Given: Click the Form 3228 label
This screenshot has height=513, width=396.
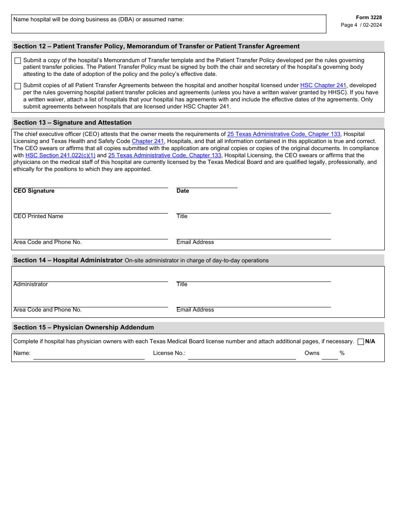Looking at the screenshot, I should click(368, 18).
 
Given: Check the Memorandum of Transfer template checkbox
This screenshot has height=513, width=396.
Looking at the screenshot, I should click(18, 61).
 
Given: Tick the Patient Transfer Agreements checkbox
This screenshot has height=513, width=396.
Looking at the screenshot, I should click(18, 86).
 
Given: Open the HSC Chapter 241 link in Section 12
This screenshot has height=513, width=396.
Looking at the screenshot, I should click(323, 85).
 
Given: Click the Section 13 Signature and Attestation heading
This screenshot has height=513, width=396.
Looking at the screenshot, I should click(73, 123).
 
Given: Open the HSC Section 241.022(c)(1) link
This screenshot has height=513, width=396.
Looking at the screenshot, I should click(60, 156).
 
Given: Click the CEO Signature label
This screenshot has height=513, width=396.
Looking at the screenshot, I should click(34, 191).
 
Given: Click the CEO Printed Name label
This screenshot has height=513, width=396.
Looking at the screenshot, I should click(38, 216).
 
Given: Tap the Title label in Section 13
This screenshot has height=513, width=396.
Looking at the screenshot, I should click(182, 216).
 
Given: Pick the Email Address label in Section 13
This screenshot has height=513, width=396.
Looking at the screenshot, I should click(195, 242).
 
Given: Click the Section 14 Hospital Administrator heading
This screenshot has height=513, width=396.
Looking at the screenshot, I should click(68, 260).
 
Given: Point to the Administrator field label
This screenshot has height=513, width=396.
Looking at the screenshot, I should click(30, 284).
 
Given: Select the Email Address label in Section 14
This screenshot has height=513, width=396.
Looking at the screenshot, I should click(195, 310).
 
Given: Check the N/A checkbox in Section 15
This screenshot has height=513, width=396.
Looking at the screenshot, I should click(361, 342).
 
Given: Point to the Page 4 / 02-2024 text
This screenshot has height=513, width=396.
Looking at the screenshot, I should click(361, 25).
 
